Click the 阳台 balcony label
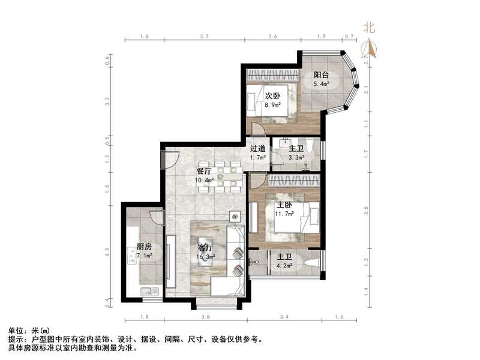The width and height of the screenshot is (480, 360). point(322,76)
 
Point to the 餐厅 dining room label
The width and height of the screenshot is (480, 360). point(204,170)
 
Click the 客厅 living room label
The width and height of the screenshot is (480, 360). point(207,247)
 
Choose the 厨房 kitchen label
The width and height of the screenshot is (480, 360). point(144,247)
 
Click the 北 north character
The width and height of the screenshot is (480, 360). point(369,28)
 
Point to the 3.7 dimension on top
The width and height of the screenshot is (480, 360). point(204,37)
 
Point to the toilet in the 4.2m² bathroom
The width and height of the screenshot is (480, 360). point(310,264)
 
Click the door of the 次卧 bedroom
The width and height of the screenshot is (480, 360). point(257,130)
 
